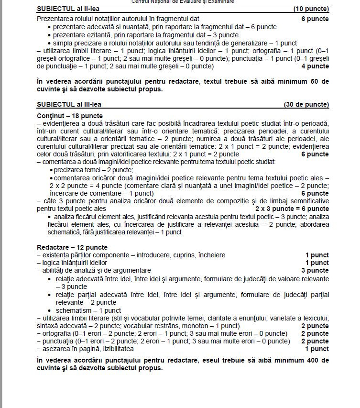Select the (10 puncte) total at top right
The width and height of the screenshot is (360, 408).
pos(311,9)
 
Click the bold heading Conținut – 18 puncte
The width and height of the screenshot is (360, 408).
pos(69,116)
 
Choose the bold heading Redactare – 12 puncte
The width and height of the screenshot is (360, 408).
pos(72,247)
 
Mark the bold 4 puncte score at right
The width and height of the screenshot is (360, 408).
pos(315,66)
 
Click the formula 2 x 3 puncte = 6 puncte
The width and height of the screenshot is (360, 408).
pos(292,209)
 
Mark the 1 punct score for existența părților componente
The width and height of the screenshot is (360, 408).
pos(317,255)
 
